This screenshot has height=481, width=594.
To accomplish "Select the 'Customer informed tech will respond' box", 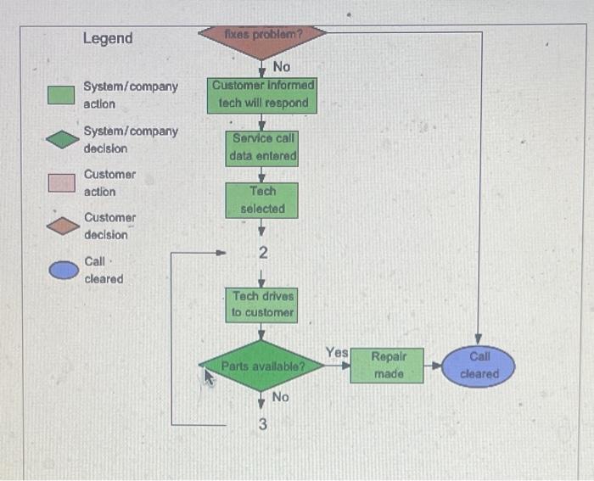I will tap(262, 94).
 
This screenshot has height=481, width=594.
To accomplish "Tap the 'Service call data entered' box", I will tap(262, 148).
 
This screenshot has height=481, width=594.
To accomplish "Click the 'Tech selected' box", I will tap(262, 200).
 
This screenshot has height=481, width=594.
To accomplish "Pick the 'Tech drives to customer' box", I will tap(262, 305).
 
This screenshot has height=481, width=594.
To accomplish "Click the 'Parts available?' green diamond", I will tap(262, 366).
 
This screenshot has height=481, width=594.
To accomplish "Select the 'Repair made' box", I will tap(388, 366).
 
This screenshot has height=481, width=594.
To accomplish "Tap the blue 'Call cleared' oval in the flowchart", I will tap(479, 366).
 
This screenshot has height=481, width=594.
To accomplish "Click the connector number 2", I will tap(263, 253).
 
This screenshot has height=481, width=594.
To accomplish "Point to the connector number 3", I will tap(262, 425).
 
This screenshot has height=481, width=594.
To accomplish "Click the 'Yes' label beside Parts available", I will tap(336, 351).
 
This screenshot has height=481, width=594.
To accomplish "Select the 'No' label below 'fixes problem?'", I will tap(281, 66).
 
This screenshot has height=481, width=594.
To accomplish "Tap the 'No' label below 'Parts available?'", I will tap(280, 397).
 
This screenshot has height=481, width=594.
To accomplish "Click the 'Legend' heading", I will tap(108, 38).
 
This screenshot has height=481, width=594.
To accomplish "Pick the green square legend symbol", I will tap(61, 95).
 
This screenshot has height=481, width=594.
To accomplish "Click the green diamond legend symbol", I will tap(61, 139).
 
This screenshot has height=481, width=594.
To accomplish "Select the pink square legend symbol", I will tap(61, 182).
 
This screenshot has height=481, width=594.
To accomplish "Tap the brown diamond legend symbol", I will tap(61, 226).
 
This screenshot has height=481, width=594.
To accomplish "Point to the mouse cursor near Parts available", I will tap(206, 374).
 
